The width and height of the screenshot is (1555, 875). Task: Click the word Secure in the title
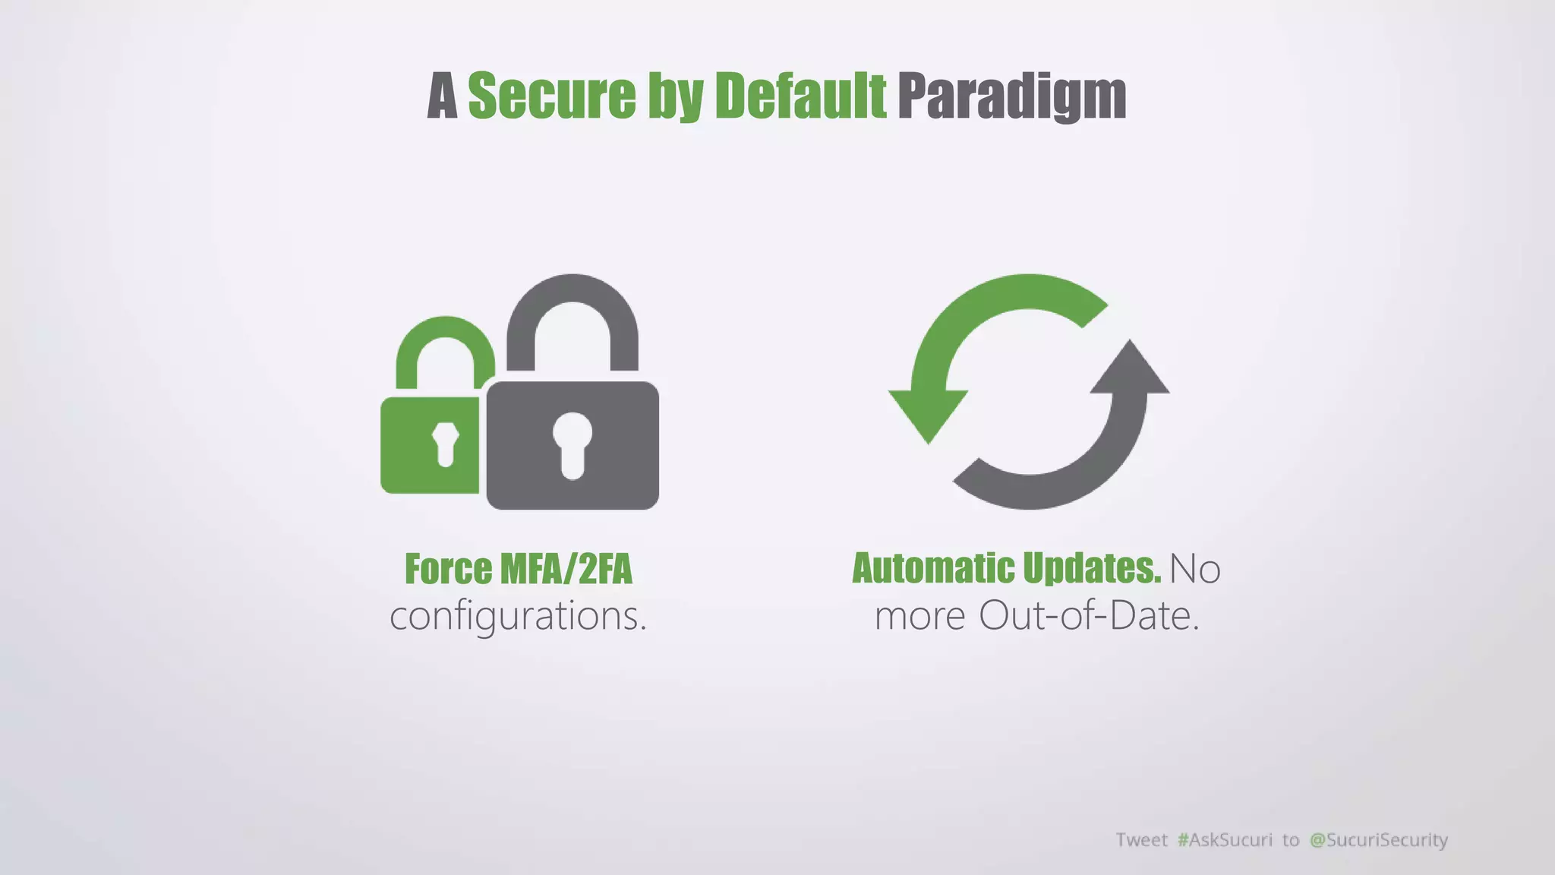pos(551,96)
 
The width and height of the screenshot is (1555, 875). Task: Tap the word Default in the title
pos(800,96)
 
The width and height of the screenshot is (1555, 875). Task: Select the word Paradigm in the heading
pos(1011,97)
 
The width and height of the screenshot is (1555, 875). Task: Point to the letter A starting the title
pos(443,97)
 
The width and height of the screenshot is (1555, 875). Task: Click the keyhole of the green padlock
pos(445,443)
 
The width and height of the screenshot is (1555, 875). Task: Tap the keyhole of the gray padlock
pos(572,444)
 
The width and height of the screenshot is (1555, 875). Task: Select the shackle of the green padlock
pos(445,342)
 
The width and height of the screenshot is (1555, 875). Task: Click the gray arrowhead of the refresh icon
pos(1131,368)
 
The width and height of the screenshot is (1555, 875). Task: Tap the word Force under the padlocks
pos(448,569)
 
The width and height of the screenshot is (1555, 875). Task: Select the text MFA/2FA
pos(566,569)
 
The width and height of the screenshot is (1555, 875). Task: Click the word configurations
pos(518,616)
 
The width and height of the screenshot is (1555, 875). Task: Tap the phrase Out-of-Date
pos(1089,615)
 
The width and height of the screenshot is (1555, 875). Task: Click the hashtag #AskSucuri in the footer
pos(1225,839)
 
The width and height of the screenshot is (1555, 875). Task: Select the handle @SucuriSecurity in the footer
pos(1379,839)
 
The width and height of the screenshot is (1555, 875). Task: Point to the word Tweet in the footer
pos(1141,839)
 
